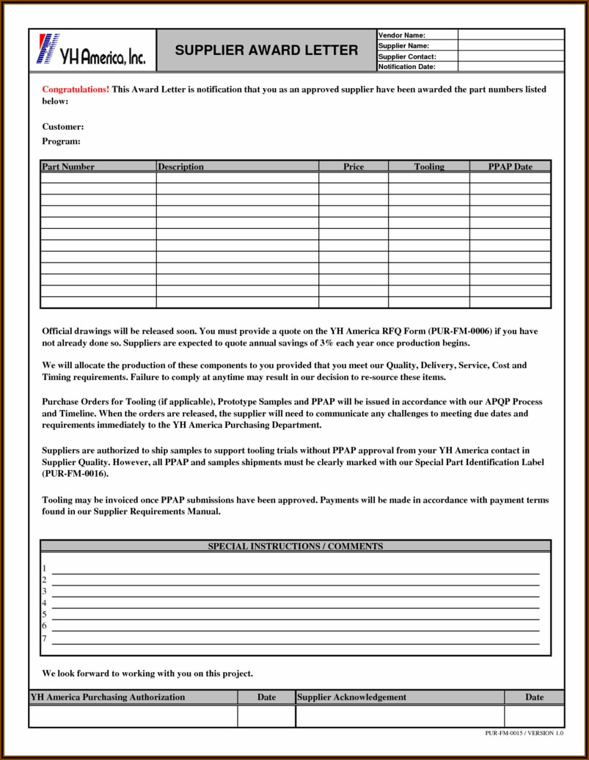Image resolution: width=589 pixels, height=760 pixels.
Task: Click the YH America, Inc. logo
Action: click(x=92, y=51)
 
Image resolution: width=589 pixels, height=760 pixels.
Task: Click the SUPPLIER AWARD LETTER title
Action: click(x=266, y=51)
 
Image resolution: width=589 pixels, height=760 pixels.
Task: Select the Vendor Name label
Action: click(x=402, y=35)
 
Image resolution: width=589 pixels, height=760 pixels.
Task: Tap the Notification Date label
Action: click(x=406, y=67)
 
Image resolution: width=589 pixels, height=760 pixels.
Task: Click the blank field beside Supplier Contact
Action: click(x=511, y=56)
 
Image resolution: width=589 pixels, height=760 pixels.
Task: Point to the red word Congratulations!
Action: click(x=76, y=89)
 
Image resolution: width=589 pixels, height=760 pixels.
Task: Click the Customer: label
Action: click(x=62, y=127)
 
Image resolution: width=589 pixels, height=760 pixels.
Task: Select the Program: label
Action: click(x=61, y=141)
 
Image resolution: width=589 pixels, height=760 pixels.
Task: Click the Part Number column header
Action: click(x=68, y=167)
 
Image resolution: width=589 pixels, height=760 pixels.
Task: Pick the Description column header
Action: click(x=180, y=167)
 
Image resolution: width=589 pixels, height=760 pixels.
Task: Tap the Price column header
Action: click(x=354, y=167)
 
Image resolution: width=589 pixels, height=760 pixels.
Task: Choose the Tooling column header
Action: click(x=429, y=167)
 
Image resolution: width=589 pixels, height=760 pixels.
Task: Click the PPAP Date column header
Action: click(x=511, y=167)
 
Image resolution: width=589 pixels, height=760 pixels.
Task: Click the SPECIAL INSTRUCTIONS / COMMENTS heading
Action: click(x=296, y=546)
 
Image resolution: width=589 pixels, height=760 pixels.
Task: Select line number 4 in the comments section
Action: click(x=44, y=603)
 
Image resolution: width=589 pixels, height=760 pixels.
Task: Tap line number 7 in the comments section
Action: click(x=44, y=638)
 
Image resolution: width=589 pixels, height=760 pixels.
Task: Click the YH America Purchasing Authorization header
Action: click(x=107, y=697)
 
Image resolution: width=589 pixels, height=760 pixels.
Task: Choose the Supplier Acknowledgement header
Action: click(x=352, y=697)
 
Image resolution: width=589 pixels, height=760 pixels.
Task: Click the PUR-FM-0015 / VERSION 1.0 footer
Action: click(x=524, y=734)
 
